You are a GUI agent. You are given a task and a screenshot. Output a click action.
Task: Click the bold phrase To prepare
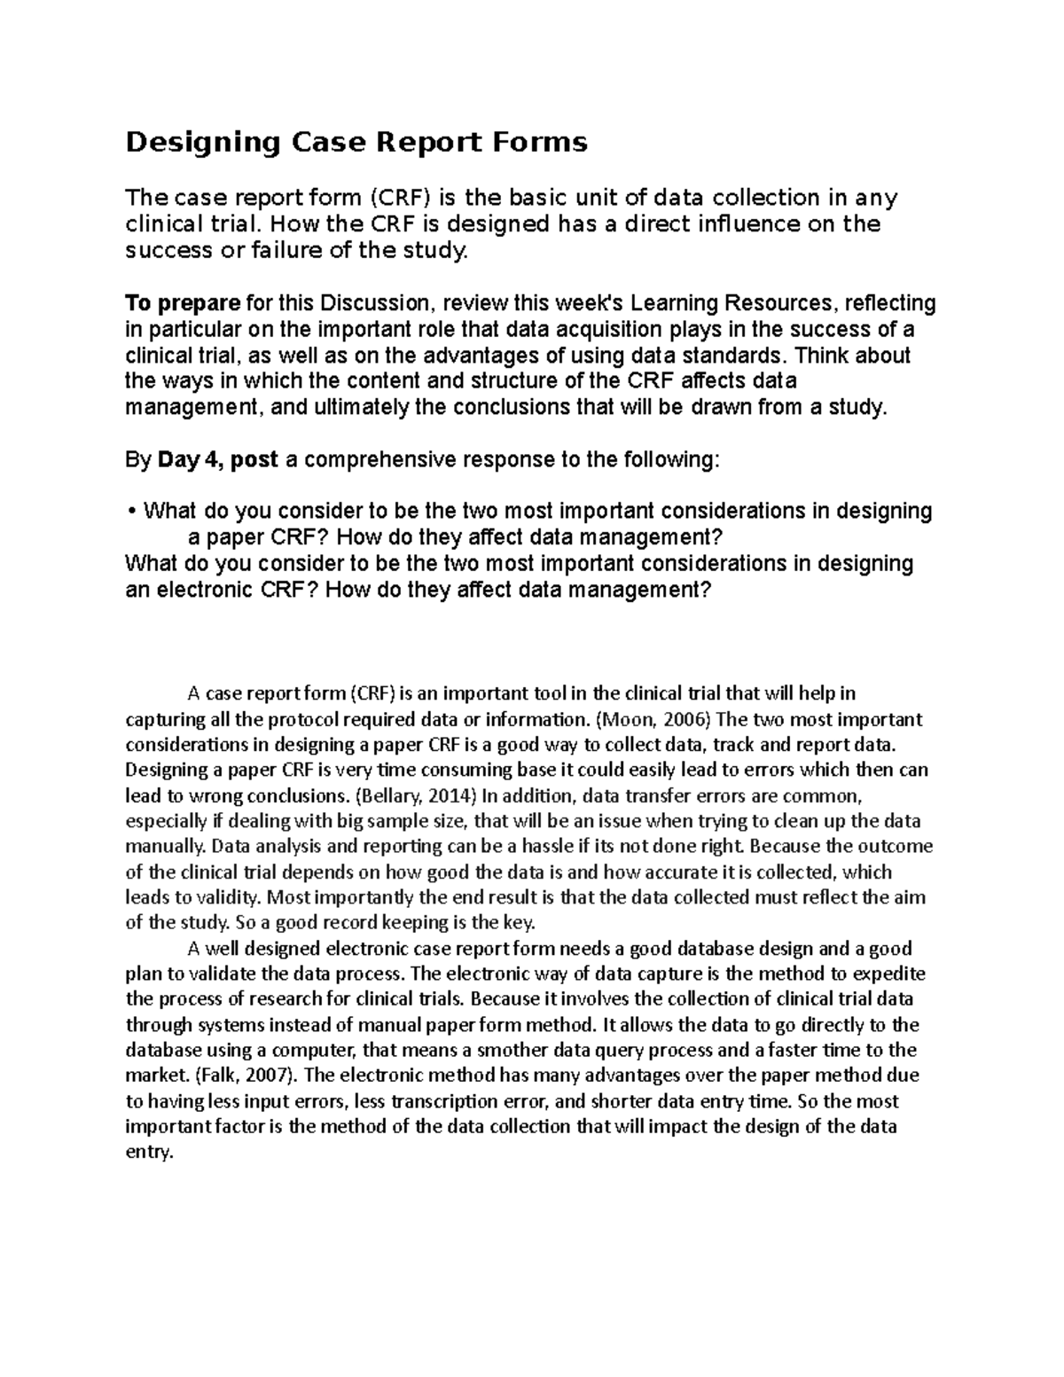[183, 304]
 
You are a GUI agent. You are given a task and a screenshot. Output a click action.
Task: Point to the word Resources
[779, 304]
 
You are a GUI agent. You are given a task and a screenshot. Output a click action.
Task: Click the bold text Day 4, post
[218, 460]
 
